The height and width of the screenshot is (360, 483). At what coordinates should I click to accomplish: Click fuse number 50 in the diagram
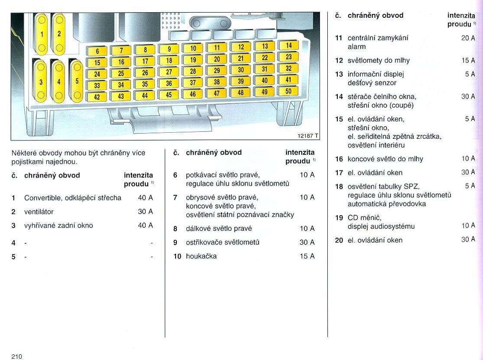[x=288, y=91]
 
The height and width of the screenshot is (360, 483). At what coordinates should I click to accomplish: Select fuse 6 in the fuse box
[x=98, y=51]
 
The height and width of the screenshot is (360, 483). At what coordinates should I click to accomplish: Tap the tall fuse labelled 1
[x=42, y=34]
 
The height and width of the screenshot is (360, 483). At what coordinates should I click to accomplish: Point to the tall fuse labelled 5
[x=77, y=81]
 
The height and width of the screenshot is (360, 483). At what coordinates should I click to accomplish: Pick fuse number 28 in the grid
[x=193, y=71]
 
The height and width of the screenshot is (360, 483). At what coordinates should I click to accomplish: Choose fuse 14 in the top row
[x=289, y=45]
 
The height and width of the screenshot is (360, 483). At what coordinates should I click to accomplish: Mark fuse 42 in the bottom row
[x=97, y=97]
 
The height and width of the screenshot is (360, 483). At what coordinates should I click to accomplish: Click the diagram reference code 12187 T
[x=308, y=136]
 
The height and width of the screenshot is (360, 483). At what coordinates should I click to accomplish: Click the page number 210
[x=17, y=357]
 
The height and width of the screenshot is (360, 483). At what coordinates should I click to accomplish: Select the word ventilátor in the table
[x=39, y=212]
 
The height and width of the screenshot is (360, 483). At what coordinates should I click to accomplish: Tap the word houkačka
[x=201, y=256]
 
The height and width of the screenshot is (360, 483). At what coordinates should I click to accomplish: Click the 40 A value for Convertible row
[x=145, y=198]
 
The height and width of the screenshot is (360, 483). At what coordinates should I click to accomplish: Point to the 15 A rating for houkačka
[x=307, y=256]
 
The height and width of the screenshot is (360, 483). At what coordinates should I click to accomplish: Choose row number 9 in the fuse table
[x=176, y=242]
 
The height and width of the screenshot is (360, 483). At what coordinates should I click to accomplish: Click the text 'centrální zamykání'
[x=378, y=38]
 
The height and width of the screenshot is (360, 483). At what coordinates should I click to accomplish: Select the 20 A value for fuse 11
[x=468, y=38]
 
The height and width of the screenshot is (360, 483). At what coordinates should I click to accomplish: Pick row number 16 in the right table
[x=339, y=159]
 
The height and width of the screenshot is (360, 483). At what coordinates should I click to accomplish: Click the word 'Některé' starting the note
[x=25, y=153]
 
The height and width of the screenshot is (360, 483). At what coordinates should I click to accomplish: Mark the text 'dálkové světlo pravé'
[x=219, y=228]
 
